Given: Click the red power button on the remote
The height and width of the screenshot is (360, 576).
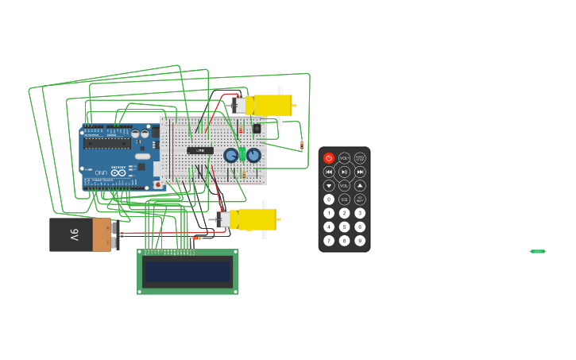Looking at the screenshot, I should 329,158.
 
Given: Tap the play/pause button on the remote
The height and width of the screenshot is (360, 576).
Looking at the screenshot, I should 345,172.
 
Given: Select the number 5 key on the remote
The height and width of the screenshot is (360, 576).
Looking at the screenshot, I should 345,226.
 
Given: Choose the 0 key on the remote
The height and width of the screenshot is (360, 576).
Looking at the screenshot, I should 329,199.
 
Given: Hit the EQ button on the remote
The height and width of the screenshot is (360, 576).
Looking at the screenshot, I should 345,199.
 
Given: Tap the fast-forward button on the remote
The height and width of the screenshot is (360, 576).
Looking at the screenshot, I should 360,172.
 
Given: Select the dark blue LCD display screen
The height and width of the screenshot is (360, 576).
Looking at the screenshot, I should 187,273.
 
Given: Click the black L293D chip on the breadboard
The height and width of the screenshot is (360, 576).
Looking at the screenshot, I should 200,150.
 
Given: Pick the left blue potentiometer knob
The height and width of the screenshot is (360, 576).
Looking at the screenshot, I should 231,155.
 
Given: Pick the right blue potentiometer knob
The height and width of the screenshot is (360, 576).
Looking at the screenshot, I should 253,155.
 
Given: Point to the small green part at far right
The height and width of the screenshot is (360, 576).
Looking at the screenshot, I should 538,251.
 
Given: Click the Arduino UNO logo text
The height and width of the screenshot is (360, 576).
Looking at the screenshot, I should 102,172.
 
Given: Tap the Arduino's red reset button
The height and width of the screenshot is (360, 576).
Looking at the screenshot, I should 157,184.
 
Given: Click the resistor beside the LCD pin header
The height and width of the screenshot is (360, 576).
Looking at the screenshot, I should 197,238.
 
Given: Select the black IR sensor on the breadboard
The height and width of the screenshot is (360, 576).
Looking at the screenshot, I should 257,128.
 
